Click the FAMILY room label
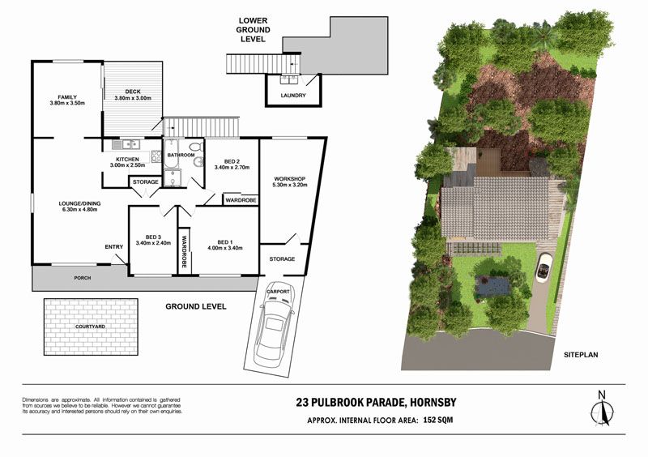pyautogui.click(x=67, y=97)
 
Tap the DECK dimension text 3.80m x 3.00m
pyautogui.click(x=133, y=98)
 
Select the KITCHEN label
pyautogui.click(x=127, y=160)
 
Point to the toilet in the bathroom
pyautogui.click(x=196, y=147)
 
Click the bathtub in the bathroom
pyautogui.click(x=170, y=153)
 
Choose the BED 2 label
pyautogui.click(x=232, y=161)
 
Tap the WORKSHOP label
pyautogui.click(x=289, y=178)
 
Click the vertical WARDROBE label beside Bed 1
pyautogui.click(x=185, y=251)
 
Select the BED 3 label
pyautogui.click(x=153, y=237)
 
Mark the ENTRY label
pyautogui.click(x=114, y=247)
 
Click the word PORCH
pyautogui.click(x=83, y=278)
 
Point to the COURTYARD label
pyautogui.click(x=90, y=327)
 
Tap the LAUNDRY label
pyautogui.click(x=293, y=95)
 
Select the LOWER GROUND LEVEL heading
pyautogui.click(x=253, y=30)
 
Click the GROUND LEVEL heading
pyautogui.click(x=196, y=306)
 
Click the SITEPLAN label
pyautogui.click(x=581, y=354)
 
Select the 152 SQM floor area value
pyautogui.click(x=438, y=420)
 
